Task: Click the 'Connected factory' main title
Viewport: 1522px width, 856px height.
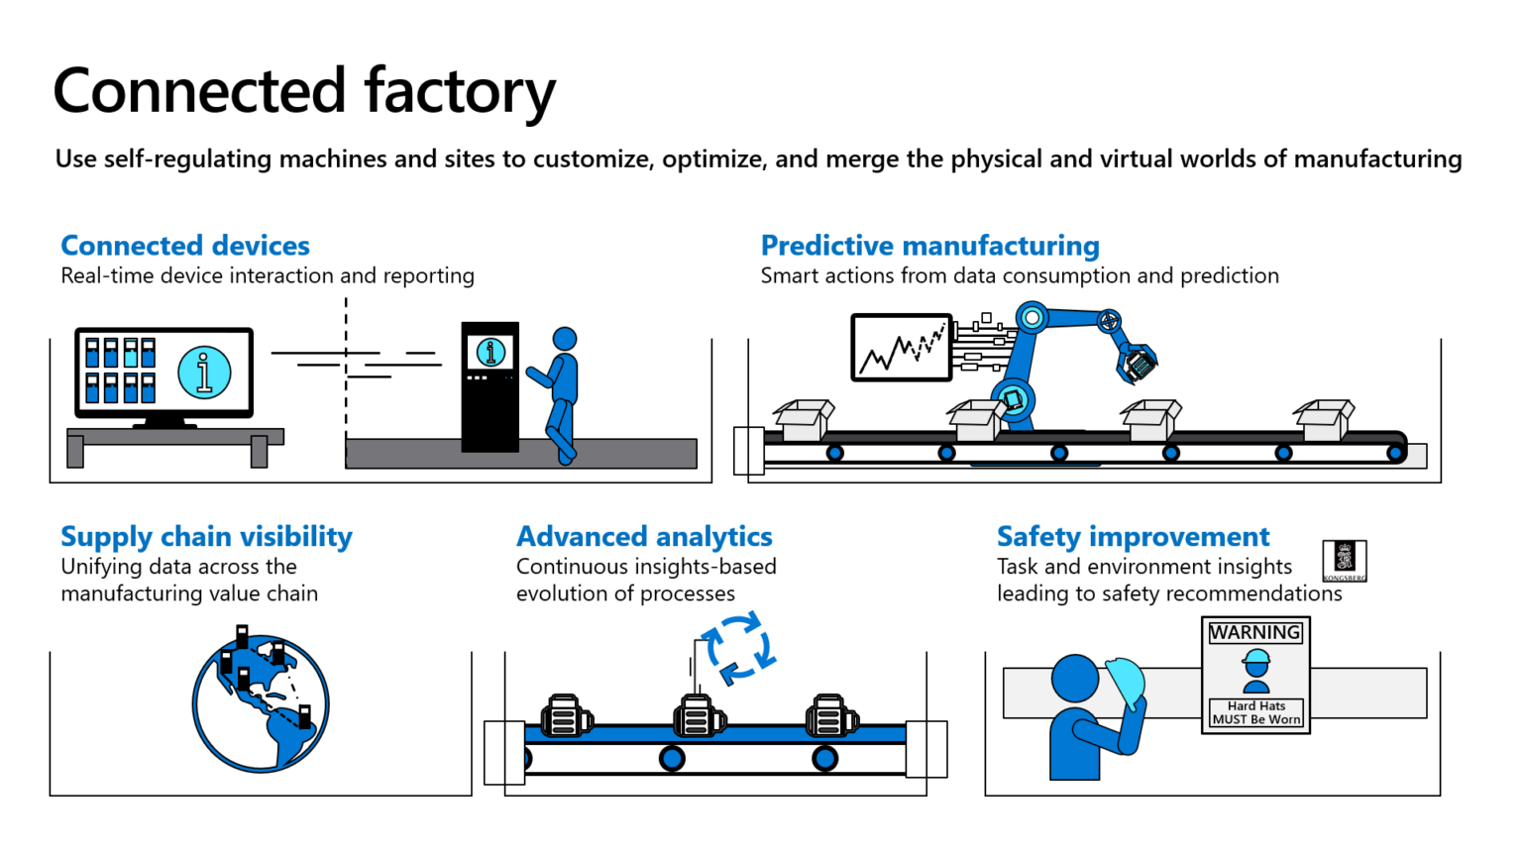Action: pos(304,91)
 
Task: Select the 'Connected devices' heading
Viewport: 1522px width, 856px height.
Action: pos(185,246)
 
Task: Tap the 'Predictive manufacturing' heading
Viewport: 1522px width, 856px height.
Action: pos(929,246)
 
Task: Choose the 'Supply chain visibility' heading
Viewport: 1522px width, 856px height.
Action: pos(206,537)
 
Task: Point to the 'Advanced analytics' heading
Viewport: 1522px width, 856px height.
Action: pos(644,537)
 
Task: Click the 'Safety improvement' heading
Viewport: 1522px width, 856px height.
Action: pos(1133,537)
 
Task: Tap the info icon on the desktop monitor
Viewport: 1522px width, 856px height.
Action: pos(204,373)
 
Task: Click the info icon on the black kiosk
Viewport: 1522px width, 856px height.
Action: pos(490,352)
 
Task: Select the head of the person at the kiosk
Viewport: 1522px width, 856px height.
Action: pos(565,339)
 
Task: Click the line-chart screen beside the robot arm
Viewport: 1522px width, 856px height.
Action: pos(902,348)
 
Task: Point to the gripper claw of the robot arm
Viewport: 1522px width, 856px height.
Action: pos(1138,363)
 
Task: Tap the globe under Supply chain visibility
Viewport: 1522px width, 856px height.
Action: pos(261,703)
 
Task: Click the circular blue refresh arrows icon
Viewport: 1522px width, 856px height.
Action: pos(738,649)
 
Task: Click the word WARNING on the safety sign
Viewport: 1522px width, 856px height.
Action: pos(1254,632)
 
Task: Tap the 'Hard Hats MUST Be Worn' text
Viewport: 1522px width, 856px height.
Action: pos(1256,713)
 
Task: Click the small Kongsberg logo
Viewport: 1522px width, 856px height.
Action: pos(1345,561)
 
